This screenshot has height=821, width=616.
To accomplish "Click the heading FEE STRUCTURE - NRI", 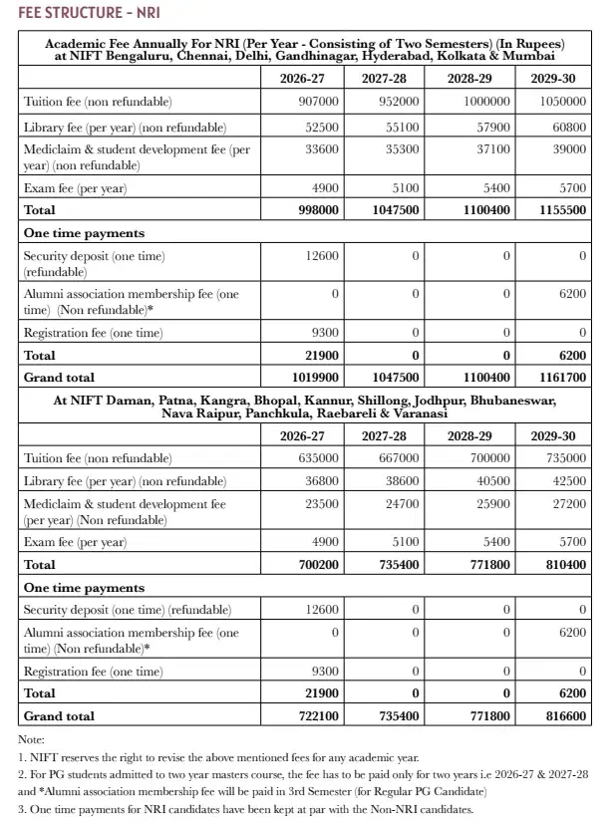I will tap(88, 12).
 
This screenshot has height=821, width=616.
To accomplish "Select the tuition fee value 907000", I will tap(318, 102).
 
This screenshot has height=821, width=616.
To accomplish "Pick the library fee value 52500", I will tap(321, 128).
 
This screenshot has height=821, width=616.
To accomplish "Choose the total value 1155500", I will tap(560, 210).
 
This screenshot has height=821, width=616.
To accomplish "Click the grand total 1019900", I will tap(314, 378).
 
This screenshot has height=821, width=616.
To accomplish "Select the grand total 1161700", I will tap(560, 378).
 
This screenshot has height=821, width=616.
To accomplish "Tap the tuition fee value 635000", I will tap(318, 458).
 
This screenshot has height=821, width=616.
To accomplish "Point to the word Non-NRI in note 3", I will tap(396, 808).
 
